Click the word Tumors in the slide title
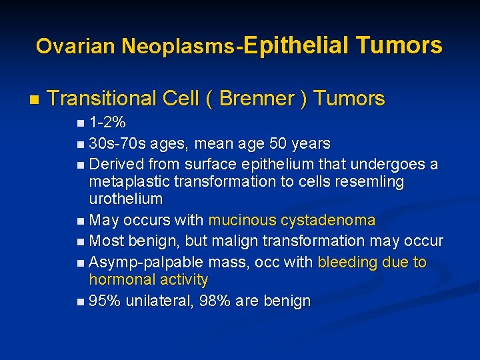[399, 45]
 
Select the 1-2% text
[108, 123]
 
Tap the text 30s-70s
[117, 143]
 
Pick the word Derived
[117, 164]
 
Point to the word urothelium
[126, 199]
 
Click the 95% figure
[105, 301]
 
